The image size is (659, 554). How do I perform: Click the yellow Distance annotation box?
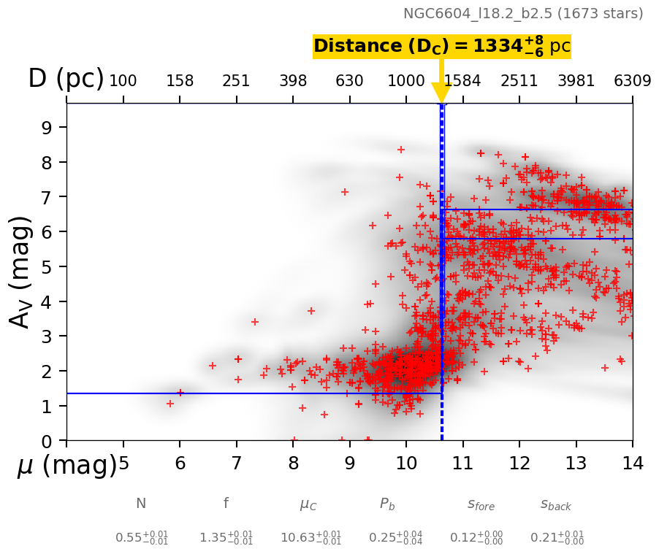tap(441, 47)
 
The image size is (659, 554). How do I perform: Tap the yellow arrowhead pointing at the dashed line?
tap(441, 93)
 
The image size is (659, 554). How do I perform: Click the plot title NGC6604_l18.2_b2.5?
tap(523, 14)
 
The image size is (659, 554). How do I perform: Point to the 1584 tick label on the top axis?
tap(462, 81)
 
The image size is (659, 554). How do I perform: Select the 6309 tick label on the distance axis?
tap(632, 81)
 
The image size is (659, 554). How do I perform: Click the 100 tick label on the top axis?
tap(123, 81)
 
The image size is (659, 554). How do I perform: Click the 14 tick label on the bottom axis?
tap(632, 463)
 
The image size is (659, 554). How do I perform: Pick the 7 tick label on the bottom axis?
tap(236, 463)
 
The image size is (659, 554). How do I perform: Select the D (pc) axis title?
tap(66, 79)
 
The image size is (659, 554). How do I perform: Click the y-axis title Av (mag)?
tap(22, 272)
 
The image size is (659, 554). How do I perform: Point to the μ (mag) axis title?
tap(67, 466)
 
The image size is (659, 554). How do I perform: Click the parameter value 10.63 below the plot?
tap(311, 538)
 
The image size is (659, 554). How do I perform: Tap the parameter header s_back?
tap(556, 504)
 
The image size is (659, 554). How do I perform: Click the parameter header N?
tap(141, 504)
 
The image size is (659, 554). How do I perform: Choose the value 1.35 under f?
tap(226, 538)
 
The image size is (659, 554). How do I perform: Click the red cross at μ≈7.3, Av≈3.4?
tap(255, 322)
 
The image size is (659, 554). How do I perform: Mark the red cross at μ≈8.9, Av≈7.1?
tap(345, 192)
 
